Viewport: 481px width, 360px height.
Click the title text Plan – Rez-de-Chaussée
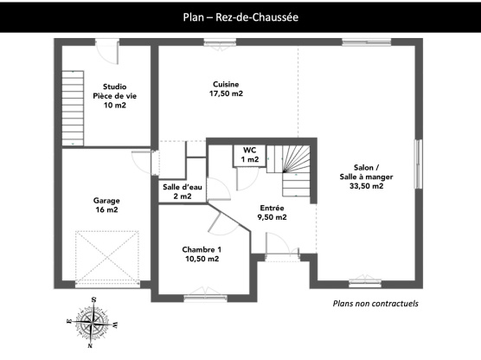coord(240,17)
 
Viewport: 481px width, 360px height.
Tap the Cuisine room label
coord(226,84)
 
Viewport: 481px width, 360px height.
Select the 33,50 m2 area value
coord(366,186)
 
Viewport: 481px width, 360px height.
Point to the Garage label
coord(106,201)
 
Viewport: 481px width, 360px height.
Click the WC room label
coord(250,150)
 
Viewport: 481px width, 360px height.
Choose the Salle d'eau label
coord(183,187)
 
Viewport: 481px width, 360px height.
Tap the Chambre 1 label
coord(202,249)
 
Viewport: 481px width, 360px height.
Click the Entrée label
coord(273,208)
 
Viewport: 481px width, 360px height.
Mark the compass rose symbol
coord(92,322)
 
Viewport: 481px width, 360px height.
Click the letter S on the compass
coord(94,299)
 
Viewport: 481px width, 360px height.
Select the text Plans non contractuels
coord(375,304)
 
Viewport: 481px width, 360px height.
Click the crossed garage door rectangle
coord(107,255)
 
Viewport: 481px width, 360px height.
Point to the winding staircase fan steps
coord(296,158)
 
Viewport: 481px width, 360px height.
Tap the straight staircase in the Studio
coord(73,108)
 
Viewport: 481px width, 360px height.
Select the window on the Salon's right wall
coord(419,164)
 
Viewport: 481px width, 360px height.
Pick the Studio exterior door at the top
coord(106,51)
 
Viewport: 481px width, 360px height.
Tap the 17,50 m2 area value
coord(226,93)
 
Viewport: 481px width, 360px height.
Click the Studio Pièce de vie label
coord(115,96)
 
